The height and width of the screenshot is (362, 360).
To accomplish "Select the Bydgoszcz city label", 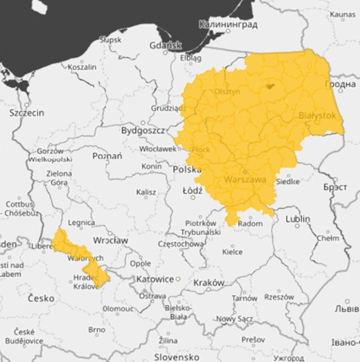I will coord(144,131).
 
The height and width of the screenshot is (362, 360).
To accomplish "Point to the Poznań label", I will coord(107,156).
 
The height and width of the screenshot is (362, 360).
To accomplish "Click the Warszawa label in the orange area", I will coord(244,179).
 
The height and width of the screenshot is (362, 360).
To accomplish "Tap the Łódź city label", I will coord(192,189).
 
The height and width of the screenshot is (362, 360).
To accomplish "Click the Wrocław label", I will coord(110,240).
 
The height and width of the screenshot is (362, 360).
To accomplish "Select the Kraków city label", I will coord(208,283).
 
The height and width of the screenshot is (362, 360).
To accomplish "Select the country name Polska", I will coord(187,169).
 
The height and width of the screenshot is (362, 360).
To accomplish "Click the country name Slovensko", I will coord(177,357).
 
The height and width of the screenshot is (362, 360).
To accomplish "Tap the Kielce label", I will coord(232,251).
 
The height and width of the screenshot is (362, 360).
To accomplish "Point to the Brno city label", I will coord(96,329).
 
